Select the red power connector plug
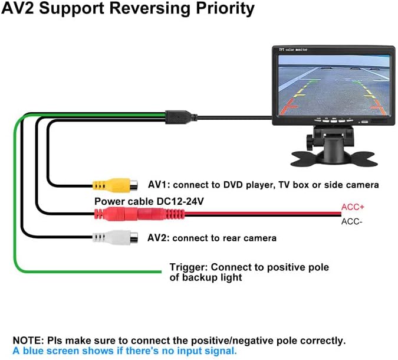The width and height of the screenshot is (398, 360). coord(124,213)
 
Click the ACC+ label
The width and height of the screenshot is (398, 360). coord(352,208)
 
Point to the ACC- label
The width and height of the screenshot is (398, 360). coord(351,222)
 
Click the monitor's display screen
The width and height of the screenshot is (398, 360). coord(331,84)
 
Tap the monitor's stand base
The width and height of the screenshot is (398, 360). coord(333,158)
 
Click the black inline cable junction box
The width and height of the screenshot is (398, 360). coord(177,114)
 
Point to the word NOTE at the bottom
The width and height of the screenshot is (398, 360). coord(27,341)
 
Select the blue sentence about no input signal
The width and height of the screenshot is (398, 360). coord(124,351)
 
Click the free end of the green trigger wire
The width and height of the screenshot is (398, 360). coord(160,271)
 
